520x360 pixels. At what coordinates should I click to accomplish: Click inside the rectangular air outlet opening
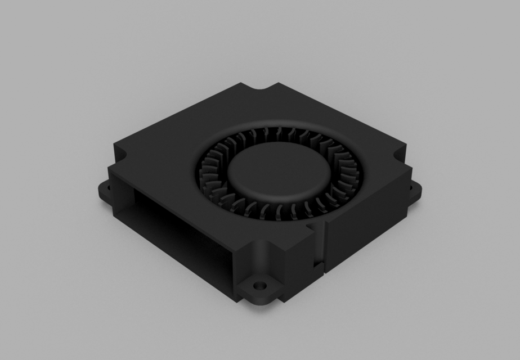point(180,225)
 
